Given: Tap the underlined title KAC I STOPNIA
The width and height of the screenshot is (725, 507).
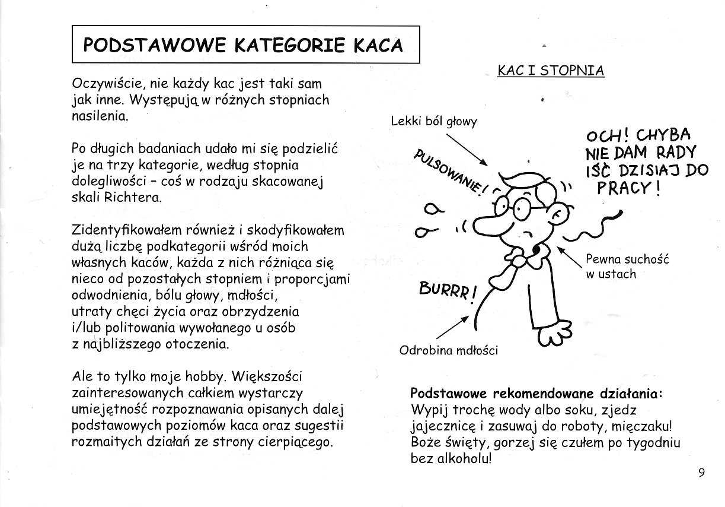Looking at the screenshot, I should tap(551, 71).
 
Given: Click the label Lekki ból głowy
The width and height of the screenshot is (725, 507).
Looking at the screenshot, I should tap(434, 121).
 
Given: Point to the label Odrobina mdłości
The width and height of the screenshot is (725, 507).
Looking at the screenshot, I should tap(449, 350).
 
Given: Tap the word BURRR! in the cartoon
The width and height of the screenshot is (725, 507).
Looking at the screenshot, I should tap(448, 290).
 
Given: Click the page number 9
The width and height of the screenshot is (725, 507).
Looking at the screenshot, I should tap(701, 473).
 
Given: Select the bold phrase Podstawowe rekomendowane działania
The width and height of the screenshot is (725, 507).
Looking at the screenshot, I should tap(536, 394).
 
